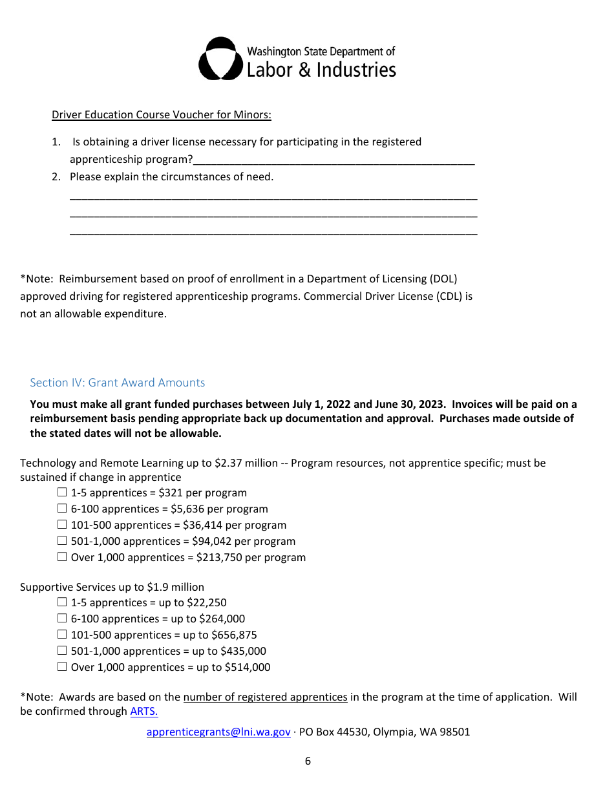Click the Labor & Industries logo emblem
pyautogui.click(x=220, y=59)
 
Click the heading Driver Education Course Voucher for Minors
pyautogui.click(x=162, y=115)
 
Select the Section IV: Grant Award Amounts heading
pyautogui.click(x=118, y=383)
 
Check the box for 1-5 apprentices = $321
pyautogui.click(x=62, y=493)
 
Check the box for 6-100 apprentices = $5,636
pyautogui.click(x=62, y=509)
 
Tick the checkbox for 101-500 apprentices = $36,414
pyautogui.click(x=62, y=525)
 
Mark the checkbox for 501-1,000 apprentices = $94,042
pyautogui.click(x=62, y=541)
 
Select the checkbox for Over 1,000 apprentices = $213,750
pyautogui.click(x=62, y=557)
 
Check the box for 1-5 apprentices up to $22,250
pyautogui.click(x=62, y=602)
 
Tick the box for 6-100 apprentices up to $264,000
pyautogui.click(x=62, y=619)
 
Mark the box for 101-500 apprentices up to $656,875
pyautogui.click(x=62, y=635)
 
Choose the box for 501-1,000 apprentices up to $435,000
pyautogui.click(x=62, y=651)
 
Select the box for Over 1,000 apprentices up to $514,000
pyautogui.click(x=62, y=667)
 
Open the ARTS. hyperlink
pyautogui.click(x=144, y=712)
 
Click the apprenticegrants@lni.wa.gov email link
pyautogui.click(x=218, y=732)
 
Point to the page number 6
pyautogui.click(x=308, y=761)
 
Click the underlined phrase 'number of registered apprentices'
pyautogui.click(x=265, y=697)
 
